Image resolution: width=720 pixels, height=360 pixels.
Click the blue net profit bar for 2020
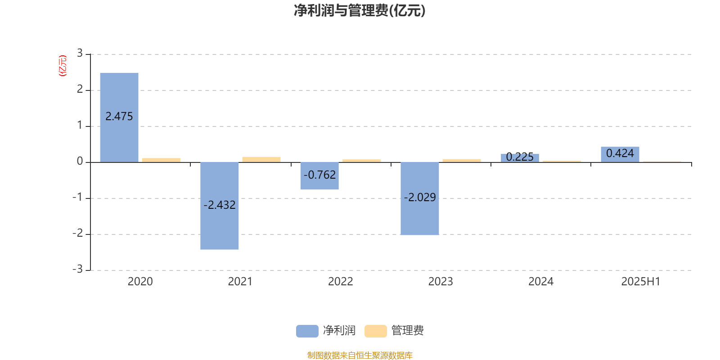click(x=119, y=117)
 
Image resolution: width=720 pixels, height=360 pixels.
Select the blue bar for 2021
click(x=220, y=206)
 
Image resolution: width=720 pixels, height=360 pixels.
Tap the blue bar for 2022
click(x=319, y=176)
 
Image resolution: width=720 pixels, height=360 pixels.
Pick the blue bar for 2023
click(x=420, y=198)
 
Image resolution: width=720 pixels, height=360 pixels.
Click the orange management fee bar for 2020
click(x=162, y=160)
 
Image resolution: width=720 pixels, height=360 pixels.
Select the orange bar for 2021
click(x=261, y=160)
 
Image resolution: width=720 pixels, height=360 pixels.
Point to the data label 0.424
click(x=620, y=153)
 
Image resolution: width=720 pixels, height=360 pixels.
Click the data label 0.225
click(x=520, y=157)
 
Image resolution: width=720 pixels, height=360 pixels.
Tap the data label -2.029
click(x=420, y=197)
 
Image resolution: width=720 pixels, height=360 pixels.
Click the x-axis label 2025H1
click(x=641, y=282)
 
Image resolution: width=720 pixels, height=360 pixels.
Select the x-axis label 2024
click(x=541, y=282)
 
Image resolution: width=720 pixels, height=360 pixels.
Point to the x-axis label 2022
click(x=340, y=282)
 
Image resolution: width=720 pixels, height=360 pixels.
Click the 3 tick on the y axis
click(x=80, y=53)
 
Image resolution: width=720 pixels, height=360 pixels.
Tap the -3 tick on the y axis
click(x=78, y=269)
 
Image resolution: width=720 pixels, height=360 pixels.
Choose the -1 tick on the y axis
click(x=78, y=197)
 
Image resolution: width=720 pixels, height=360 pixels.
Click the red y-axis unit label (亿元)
click(x=63, y=66)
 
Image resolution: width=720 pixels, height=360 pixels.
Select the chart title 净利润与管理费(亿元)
click(x=360, y=11)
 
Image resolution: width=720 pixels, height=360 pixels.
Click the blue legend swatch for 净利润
click(x=307, y=331)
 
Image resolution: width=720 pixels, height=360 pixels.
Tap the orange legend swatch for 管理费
click(x=375, y=331)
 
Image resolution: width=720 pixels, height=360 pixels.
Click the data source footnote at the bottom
click(x=360, y=355)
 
